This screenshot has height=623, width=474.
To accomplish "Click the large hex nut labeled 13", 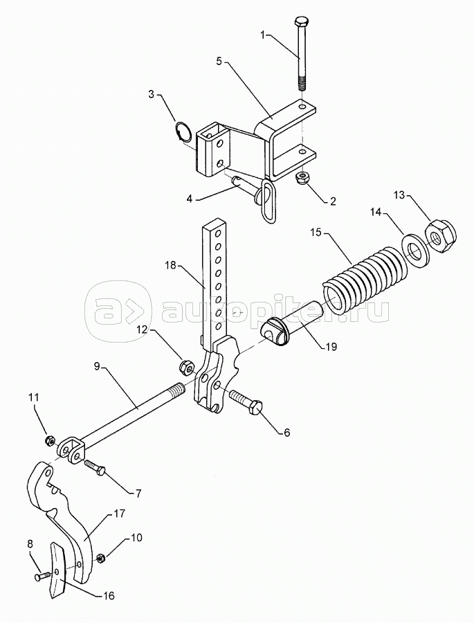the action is [x=441, y=237].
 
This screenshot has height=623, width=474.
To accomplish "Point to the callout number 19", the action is [x=331, y=347].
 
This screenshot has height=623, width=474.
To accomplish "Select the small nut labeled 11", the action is [x=51, y=440].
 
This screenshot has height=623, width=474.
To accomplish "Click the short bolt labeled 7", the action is [x=94, y=467].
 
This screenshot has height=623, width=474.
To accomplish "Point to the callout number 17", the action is [x=119, y=514].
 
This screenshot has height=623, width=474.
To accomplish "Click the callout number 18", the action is [x=170, y=266].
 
